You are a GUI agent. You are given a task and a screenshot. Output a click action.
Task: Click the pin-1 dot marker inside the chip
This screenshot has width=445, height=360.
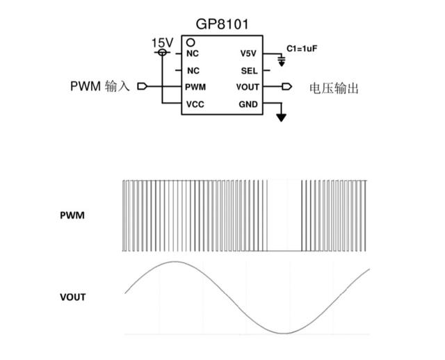(x=190, y=43)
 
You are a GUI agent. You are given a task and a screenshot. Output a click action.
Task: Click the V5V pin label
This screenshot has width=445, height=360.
(x=248, y=54)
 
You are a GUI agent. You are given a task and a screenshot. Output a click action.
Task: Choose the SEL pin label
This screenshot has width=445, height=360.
(x=249, y=71)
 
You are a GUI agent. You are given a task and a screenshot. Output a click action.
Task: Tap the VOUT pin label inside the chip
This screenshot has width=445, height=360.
(x=247, y=88)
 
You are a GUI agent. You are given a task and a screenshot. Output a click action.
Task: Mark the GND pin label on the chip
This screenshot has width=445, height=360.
(x=248, y=104)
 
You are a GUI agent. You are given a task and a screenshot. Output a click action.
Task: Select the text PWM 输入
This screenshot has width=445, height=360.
(x=99, y=87)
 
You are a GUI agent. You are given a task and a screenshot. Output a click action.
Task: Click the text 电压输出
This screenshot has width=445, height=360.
(x=334, y=88)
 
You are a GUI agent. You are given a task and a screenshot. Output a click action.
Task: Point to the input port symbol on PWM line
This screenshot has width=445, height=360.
(x=143, y=87)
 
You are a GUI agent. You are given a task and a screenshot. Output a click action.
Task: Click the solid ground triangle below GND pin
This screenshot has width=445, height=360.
(x=281, y=117)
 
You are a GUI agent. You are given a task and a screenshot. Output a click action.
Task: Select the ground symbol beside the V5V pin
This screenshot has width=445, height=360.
(x=281, y=62)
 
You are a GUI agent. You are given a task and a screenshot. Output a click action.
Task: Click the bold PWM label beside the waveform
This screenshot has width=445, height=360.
(x=72, y=215)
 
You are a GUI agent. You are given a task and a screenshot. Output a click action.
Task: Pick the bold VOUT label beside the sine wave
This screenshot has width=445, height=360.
(x=72, y=297)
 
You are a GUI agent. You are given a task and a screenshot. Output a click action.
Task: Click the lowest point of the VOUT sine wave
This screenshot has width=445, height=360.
(x=283, y=333)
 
